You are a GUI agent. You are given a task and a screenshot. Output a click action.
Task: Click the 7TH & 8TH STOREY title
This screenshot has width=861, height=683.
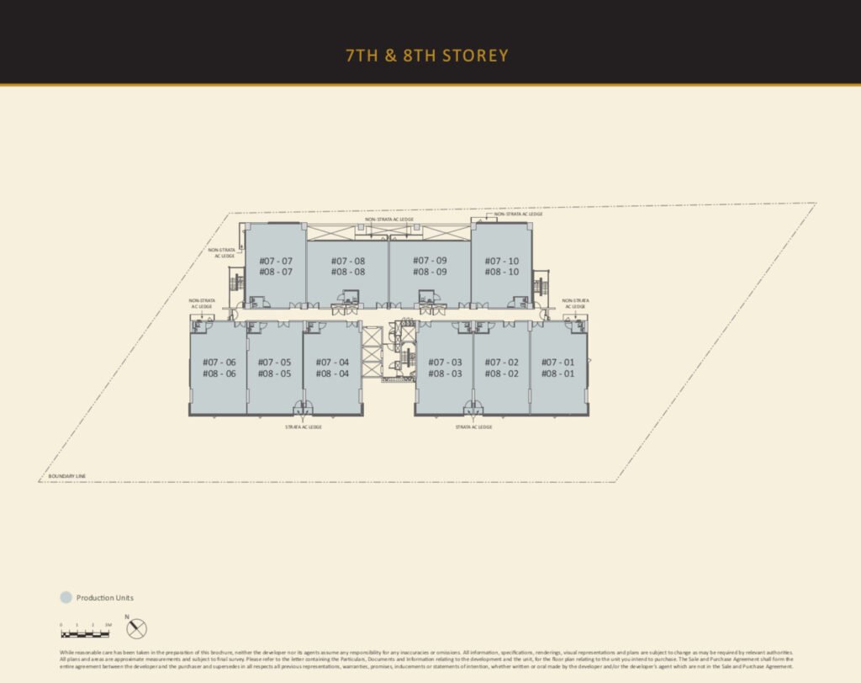tap(427, 56)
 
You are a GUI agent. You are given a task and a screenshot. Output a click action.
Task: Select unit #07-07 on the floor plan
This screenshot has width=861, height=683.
tap(276, 266)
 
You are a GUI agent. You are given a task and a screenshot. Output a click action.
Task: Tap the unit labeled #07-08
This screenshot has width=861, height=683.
tap(347, 266)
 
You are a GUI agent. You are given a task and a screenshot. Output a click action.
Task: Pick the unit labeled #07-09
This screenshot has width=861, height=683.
tap(430, 266)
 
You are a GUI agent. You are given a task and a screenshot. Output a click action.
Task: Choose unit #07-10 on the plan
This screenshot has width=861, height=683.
tap(502, 266)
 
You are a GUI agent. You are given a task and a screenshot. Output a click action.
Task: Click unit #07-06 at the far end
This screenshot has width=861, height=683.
tap(219, 368)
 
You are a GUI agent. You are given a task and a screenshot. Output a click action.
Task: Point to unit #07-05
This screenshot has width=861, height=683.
tap(275, 368)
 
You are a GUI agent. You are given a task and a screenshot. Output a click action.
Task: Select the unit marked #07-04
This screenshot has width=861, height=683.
tap(332, 368)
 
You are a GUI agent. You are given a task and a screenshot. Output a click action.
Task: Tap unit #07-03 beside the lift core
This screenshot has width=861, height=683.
tap(445, 368)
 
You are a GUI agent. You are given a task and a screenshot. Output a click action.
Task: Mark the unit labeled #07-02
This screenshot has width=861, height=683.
tap(502, 368)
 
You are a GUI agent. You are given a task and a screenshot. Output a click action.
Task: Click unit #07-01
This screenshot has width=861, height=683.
tap(558, 368)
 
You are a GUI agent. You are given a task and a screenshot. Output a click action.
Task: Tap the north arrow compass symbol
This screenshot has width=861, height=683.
tap(137, 627)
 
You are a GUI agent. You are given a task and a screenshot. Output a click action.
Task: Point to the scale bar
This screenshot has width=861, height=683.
tap(85, 633)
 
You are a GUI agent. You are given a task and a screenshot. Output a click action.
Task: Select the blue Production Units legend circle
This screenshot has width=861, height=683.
tap(66, 598)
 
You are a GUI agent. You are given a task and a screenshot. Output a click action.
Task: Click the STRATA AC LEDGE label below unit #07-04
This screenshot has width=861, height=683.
tap(304, 427)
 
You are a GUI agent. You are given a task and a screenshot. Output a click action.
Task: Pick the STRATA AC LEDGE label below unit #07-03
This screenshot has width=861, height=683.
tap(473, 427)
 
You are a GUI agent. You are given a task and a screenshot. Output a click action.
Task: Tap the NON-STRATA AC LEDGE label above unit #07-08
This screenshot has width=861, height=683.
tap(388, 220)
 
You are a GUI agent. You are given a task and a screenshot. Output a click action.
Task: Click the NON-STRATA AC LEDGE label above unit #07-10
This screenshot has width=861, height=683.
tap(518, 214)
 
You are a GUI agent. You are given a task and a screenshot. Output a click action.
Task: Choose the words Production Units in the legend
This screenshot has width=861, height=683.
tap(105, 598)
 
